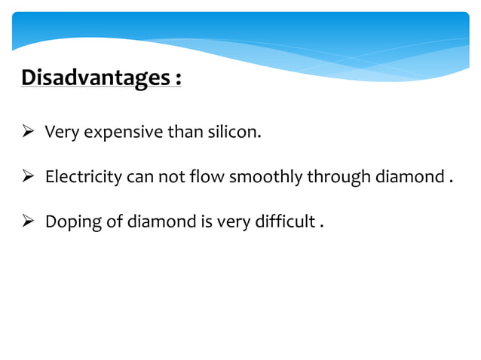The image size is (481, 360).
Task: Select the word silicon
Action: coord(234,133)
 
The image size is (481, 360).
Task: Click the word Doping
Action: coord(69,222)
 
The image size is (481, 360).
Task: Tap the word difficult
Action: coord(280,222)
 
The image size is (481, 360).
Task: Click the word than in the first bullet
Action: coord(188,133)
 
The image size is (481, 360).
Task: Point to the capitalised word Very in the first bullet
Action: coord(59,133)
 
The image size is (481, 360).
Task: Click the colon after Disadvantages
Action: coord(178,79)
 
